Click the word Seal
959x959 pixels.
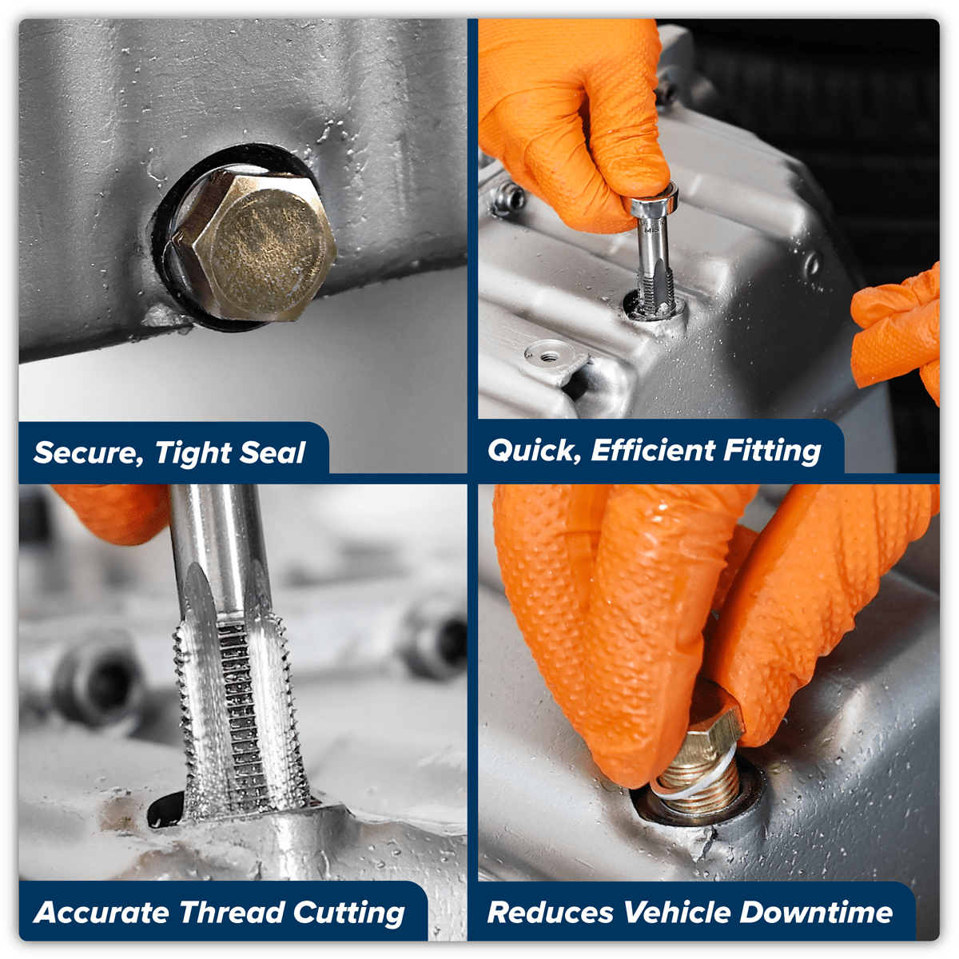[273, 452]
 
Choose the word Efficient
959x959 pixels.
[652, 450]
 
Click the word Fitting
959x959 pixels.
[772, 451]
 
